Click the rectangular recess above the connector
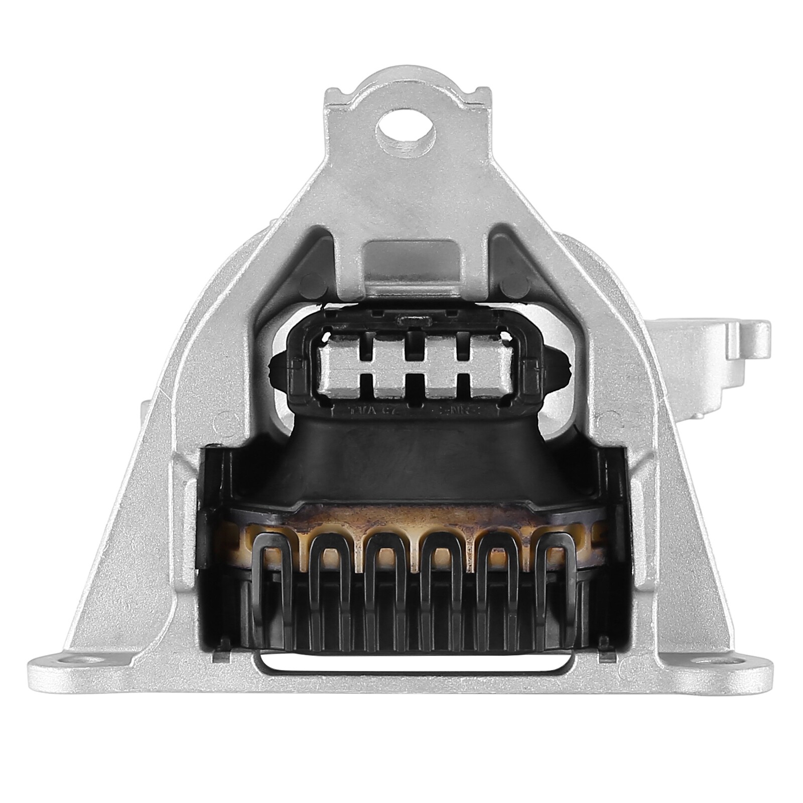pos(412,263)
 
